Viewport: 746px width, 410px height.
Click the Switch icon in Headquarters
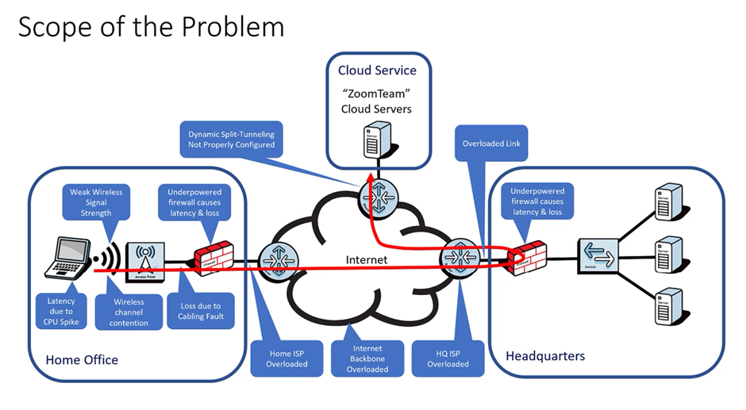(x=598, y=258)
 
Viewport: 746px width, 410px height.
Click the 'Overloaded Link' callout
(x=491, y=144)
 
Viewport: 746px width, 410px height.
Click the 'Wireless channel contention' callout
(x=129, y=312)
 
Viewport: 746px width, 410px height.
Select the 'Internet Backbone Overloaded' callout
(x=367, y=358)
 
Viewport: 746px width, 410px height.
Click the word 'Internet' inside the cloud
(x=368, y=259)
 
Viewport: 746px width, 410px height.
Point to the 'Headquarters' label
(x=544, y=355)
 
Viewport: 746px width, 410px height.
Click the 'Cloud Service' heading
(x=377, y=70)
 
